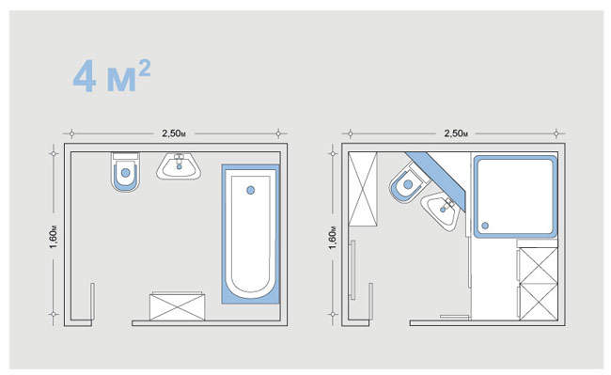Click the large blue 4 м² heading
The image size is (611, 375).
[x=112, y=76]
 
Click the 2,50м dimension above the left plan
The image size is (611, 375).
[x=174, y=133]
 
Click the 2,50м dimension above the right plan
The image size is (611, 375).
[x=456, y=133]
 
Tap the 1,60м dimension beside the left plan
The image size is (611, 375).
[x=55, y=237]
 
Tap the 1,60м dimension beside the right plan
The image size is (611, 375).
[x=333, y=237]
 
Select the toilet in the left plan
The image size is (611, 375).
[x=125, y=172]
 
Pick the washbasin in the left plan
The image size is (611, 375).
[x=179, y=166]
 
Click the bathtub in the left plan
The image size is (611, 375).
[x=251, y=234]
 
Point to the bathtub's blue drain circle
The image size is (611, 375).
[x=251, y=190]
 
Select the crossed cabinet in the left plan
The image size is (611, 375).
[x=178, y=306]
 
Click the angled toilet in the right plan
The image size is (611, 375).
[x=408, y=184]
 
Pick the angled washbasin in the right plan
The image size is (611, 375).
[x=443, y=211]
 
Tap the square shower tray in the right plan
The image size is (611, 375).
[x=515, y=196]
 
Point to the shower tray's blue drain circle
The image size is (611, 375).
[x=485, y=226]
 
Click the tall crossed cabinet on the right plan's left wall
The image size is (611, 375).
[x=363, y=189]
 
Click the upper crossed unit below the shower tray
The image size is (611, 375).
[x=538, y=266]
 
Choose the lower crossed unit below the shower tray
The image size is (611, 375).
[x=538, y=303]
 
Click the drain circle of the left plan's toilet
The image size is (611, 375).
[x=125, y=173]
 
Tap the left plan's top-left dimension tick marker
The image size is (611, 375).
[x=71, y=133]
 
